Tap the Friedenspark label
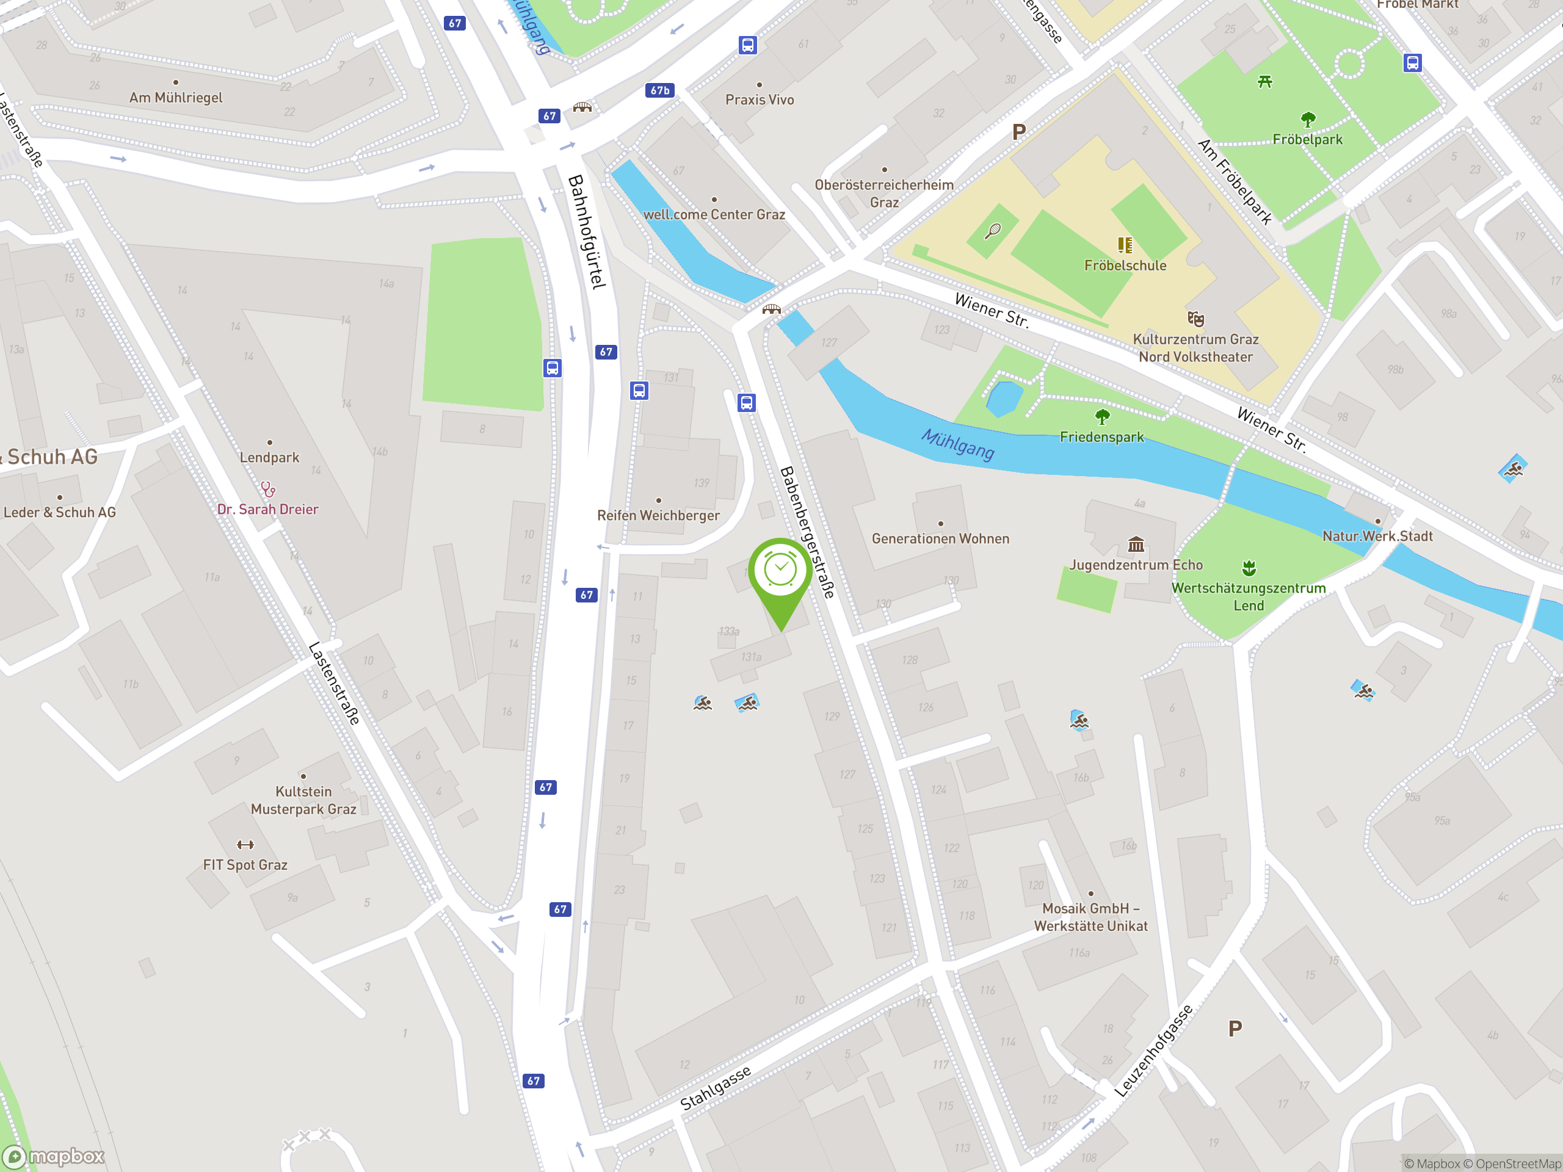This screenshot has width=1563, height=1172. [x=1101, y=437]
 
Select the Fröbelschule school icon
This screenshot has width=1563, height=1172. [x=1125, y=245]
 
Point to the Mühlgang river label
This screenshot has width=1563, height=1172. [x=957, y=444]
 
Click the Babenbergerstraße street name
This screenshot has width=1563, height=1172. [x=807, y=532]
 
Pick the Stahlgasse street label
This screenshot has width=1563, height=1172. [x=715, y=1088]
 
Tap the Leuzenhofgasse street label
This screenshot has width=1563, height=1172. [x=1153, y=1051]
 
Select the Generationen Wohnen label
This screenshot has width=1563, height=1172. [x=940, y=539]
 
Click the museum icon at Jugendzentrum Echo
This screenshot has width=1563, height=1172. [x=1136, y=544]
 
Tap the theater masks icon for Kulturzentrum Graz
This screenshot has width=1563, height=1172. [x=1195, y=319]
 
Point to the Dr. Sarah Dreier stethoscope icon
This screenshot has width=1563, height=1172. [x=268, y=489]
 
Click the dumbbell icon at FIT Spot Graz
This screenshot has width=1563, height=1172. [x=245, y=845]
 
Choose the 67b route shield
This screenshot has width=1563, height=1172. [x=660, y=90]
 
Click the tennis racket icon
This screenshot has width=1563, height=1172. [x=993, y=230]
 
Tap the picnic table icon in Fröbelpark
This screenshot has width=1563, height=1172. [x=1265, y=82]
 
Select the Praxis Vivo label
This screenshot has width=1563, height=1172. [x=760, y=100]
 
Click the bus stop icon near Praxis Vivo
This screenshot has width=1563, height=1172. [x=747, y=45]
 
